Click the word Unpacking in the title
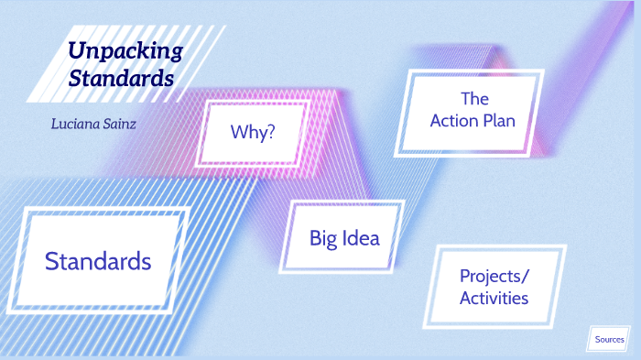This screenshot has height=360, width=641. point(125,51)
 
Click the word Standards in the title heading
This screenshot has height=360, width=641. point(121,78)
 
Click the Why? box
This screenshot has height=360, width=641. point(253,132)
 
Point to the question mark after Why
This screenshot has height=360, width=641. point(270,132)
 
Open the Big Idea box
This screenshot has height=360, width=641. point(343,238)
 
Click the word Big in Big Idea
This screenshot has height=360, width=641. point(323,239)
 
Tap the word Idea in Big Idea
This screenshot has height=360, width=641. point(358,238)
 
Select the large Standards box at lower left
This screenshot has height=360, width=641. point(98,261)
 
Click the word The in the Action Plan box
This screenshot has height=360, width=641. point(474,99)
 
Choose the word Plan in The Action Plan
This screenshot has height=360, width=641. point(498,121)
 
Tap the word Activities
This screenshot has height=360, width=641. point(494,298)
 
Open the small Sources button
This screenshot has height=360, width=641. point(609,340)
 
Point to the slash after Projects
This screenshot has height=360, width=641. point(527,277)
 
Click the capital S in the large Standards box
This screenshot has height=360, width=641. point(51,261)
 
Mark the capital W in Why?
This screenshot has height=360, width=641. point(237,132)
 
